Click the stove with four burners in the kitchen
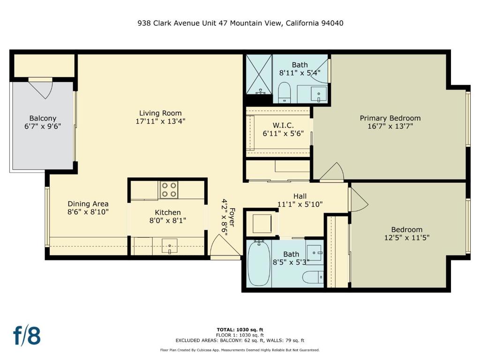click(x=169, y=190)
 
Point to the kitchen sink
click(x=170, y=246)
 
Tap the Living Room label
click(x=160, y=113)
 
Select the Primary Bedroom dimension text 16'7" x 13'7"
click(x=390, y=126)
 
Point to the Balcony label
click(x=43, y=118)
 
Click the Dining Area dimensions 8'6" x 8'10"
click(x=88, y=212)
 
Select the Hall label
click(x=300, y=196)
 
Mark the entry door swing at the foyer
click(x=220, y=247)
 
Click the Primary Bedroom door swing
click(x=333, y=172)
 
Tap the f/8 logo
click(x=27, y=336)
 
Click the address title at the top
click(x=240, y=23)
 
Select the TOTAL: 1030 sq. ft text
click(x=240, y=330)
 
